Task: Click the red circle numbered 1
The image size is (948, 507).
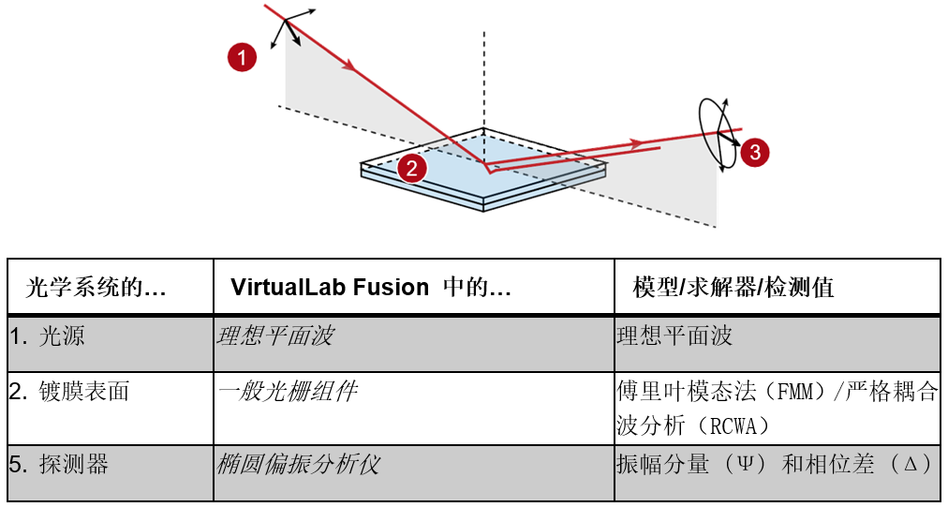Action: pyautogui.click(x=242, y=58)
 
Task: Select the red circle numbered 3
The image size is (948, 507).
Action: pyautogui.click(x=754, y=153)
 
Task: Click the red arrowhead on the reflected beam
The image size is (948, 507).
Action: pyautogui.click(x=634, y=143)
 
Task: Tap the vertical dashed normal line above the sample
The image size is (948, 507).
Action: pyautogui.click(x=483, y=80)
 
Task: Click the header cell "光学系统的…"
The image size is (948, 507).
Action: pyautogui.click(x=95, y=288)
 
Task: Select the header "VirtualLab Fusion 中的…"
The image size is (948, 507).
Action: pyautogui.click(x=371, y=288)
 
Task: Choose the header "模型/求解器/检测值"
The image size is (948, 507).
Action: pyautogui.click(x=733, y=288)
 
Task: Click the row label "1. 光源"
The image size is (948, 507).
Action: pyautogui.click(x=47, y=336)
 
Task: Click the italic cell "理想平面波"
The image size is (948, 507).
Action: pyautogui.click(x=274, y=336)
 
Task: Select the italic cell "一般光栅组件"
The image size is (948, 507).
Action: pyautogui.click(x=287, y=392)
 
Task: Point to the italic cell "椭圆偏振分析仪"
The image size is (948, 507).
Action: pyautogui.click(x=298, y=465)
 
